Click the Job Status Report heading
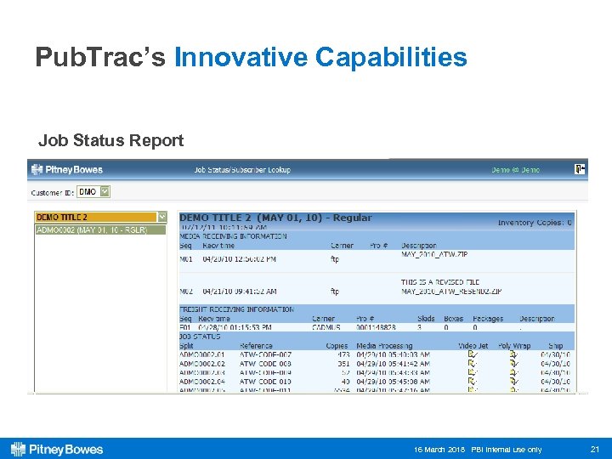110,140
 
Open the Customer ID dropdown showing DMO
93,192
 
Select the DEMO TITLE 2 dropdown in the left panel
100,218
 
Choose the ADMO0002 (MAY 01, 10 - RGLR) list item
93,229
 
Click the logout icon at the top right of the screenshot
580,169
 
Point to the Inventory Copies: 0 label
535,223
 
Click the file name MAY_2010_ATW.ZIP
435,254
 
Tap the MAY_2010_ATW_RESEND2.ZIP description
448,291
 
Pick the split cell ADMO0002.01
202,354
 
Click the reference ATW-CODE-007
265,354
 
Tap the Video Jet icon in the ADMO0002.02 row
472,363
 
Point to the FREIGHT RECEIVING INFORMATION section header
237,309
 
